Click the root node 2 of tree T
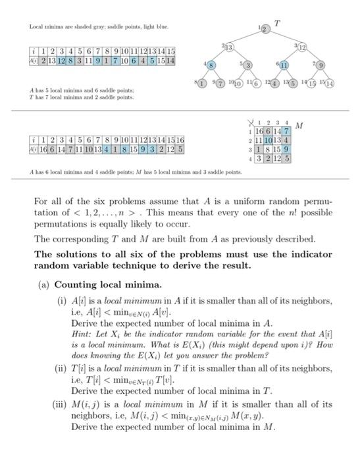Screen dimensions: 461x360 tap(265, 30)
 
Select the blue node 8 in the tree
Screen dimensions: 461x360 tap(211, 66)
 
